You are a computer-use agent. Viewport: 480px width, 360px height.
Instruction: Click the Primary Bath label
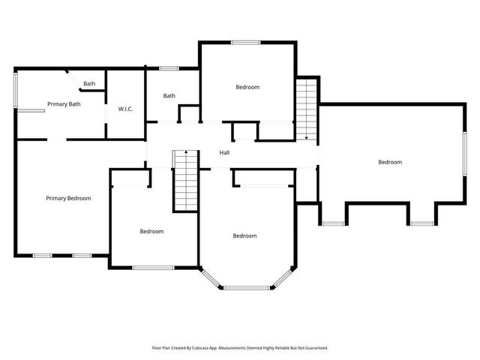[x=64, y=104]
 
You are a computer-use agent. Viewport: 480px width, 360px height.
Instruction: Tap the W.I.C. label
[x=125, y=109]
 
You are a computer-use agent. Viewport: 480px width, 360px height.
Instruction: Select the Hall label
[x=224, y=153]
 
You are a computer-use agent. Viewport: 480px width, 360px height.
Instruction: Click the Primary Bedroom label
[x=68, y=199]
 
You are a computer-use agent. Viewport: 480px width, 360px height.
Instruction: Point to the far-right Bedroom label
[x=390, y=162]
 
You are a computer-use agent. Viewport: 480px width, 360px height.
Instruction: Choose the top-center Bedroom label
[x=247, y=88]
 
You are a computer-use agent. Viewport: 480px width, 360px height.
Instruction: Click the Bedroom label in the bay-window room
[x=244, y=236]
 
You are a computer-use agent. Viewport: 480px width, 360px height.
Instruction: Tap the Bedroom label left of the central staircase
[x=151, y=232]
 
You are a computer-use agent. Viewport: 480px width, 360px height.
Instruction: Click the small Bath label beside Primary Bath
[x=89, y=84]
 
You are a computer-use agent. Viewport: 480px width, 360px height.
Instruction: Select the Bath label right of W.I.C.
[x=169, y=96]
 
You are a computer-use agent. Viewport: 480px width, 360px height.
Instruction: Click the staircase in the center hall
[x=185, y=180]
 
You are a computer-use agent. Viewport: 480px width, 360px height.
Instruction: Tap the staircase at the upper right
[x=307, y=109]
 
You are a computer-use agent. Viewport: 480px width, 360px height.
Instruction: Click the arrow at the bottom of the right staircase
[x=307, y=136]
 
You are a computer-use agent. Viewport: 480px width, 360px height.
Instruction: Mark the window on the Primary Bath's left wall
[x=16, y=88]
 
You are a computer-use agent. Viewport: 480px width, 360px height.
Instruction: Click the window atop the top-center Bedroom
[x=245, y=42]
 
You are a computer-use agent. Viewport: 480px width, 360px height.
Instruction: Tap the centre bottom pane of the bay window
[x=245, y=287]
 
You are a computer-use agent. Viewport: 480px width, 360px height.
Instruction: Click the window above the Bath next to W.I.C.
[x=169, y=69]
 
